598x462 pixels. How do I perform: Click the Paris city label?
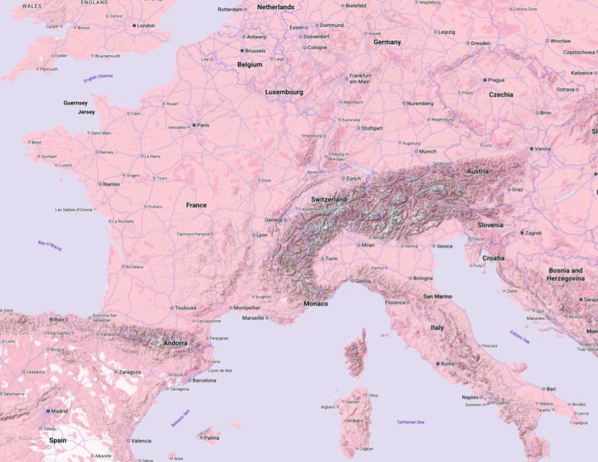[203, 125]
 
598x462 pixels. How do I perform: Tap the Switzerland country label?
[329, 200]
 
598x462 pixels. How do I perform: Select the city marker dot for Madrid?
[48, 411]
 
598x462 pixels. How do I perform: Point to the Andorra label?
[176, 343]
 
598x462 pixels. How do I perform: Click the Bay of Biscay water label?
[50, 246]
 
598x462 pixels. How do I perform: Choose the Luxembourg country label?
[284, 92]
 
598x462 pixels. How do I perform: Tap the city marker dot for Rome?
[438, 364]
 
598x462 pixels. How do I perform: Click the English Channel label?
[98, 78]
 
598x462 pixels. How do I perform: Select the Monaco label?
[316, 304]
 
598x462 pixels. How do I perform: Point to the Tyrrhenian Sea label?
[410, 422]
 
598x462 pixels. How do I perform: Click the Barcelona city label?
[204, 381]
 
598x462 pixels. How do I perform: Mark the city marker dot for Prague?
[485, 80]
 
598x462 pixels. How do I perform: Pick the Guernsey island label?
[75, 103]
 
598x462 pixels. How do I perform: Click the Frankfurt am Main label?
[359, 78]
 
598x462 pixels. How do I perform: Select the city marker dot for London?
[134, 26]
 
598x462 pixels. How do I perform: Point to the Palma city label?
[211, 438]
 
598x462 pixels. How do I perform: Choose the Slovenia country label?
[490, 225]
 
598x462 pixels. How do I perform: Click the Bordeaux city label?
[134, 267]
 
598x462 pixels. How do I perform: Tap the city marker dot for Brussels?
[242, 51]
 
